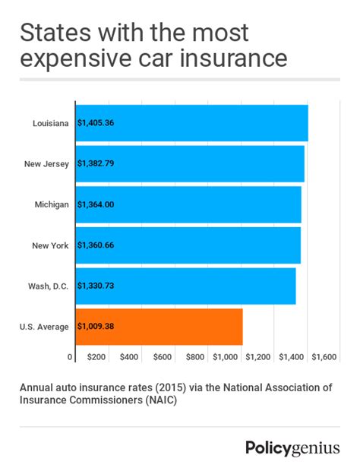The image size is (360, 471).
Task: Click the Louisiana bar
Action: [191, 123]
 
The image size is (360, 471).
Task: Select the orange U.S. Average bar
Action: [159, 327]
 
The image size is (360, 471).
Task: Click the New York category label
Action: [51, 245]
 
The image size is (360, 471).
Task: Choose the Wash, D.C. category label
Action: [48, 286]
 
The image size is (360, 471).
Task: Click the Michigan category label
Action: [52, 204]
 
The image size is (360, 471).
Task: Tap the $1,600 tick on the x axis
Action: [324, 356]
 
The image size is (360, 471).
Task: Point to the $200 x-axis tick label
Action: [96, 356]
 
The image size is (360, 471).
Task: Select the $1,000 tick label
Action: [226, 356]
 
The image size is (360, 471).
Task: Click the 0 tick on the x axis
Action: [70, 356]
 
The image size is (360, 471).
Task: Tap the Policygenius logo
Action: [292, 447]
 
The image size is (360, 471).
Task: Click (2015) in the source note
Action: [156, 387]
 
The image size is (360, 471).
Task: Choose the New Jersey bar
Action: [190, 164]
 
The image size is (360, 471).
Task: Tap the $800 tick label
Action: [195, 356]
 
